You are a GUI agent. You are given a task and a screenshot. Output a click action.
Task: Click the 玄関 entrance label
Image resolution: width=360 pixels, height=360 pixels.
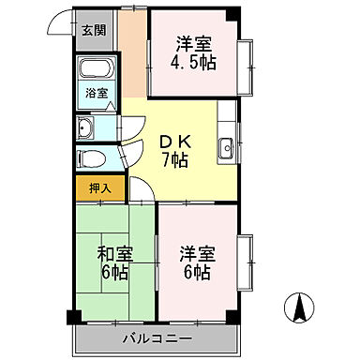(94, 30)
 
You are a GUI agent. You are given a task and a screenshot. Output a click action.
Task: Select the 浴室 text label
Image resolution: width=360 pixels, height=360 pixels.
(96, 93)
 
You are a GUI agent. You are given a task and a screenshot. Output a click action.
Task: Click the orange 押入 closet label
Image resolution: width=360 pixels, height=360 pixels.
(100, 187)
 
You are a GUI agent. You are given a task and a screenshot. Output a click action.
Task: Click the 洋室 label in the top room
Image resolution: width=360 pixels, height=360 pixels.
(194, 41)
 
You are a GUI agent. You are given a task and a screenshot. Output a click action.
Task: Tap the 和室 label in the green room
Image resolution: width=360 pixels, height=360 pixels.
(115, 253)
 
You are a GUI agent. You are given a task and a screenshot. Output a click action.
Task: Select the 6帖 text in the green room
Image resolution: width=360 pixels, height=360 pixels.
(115, 273)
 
